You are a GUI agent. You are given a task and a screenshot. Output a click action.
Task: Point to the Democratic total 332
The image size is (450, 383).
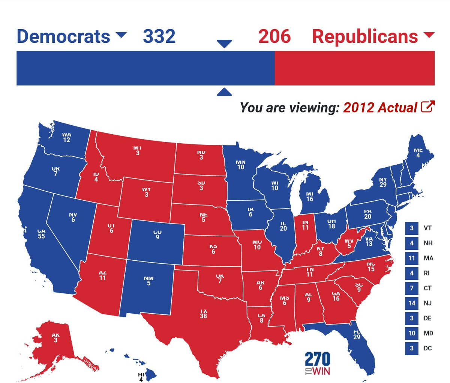[159, 36]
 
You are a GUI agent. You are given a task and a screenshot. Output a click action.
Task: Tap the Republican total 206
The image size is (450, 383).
[274, 36]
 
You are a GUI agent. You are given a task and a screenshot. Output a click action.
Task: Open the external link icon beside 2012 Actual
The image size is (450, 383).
[427, 107]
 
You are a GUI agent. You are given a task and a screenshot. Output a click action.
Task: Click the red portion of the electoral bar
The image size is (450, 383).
[354, 68]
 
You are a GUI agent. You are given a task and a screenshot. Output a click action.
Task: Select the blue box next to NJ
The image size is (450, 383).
[412, 303]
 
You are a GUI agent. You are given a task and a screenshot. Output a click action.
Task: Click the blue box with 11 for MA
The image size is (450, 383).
[412, 258]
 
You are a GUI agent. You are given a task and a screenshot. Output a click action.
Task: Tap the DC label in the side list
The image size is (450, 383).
[427, 348]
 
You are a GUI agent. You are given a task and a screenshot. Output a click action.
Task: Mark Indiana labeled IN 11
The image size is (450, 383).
[305, 225]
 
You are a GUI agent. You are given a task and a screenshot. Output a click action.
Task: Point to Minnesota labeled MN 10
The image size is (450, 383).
[241, 165]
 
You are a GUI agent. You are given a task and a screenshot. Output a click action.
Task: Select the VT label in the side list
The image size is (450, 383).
[427, 228]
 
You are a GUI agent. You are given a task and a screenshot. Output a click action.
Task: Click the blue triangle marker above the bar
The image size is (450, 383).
[224, 44]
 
